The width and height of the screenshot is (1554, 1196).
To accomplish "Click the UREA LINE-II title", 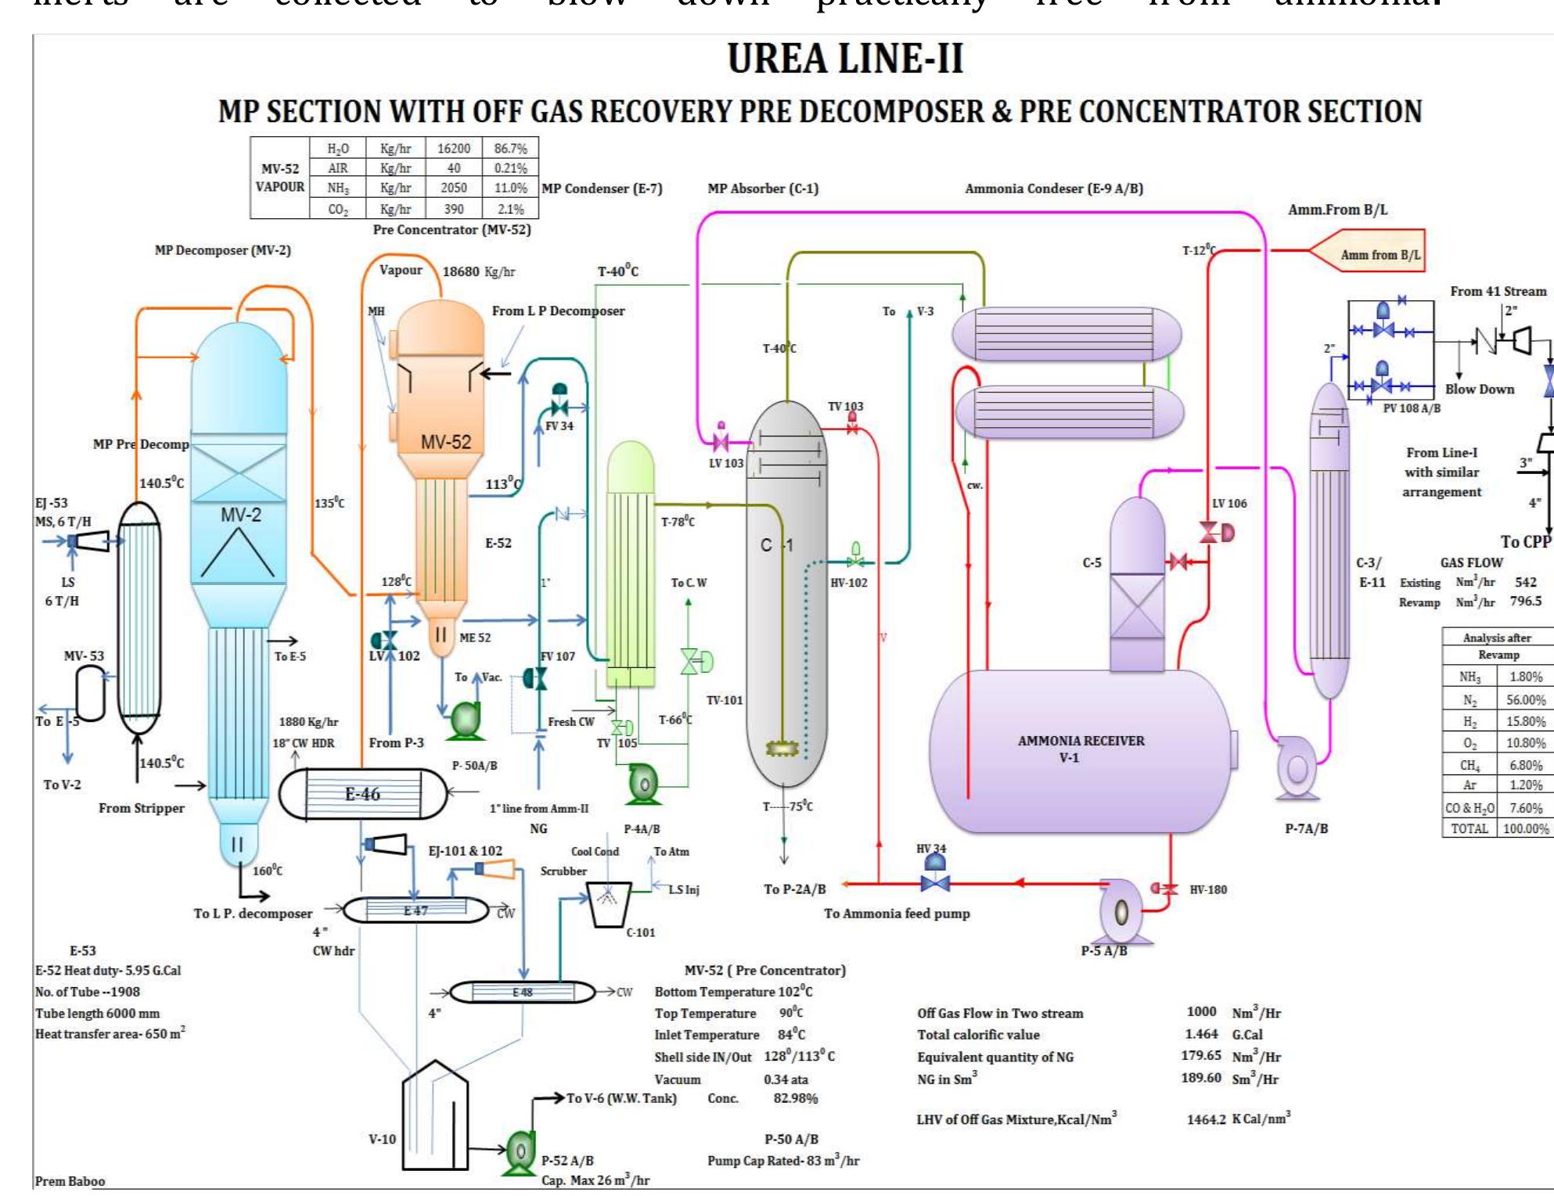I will pos(845,59).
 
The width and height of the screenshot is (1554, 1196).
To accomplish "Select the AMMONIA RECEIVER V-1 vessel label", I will pos(1081,749).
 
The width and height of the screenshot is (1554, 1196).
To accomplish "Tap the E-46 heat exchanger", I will pos(363,794).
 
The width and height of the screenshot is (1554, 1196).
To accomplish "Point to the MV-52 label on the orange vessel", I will pos(446,442).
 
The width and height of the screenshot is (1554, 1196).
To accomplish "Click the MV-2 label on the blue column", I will pos(240,515).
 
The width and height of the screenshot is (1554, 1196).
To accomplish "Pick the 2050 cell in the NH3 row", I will pos(453,188).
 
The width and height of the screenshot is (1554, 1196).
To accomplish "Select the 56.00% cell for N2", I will pos(1525,700).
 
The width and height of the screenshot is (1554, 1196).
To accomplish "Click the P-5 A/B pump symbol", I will pos(1121,912).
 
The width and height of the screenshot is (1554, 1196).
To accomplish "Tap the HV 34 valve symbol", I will pos(935,882).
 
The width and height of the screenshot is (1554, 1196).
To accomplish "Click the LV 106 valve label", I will pos(1229,503).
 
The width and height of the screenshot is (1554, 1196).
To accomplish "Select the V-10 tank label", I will pos(383,1139).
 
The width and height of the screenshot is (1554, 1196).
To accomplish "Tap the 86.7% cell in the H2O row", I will pos(510,148).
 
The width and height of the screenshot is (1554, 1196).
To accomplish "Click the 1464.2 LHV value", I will pos(1206,1119).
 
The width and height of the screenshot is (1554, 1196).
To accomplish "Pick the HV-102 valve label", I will pos(848,583).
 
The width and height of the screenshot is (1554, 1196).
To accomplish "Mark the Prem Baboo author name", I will pos(70,1181).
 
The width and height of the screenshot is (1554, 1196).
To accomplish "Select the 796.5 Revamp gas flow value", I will pos(1525,601).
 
